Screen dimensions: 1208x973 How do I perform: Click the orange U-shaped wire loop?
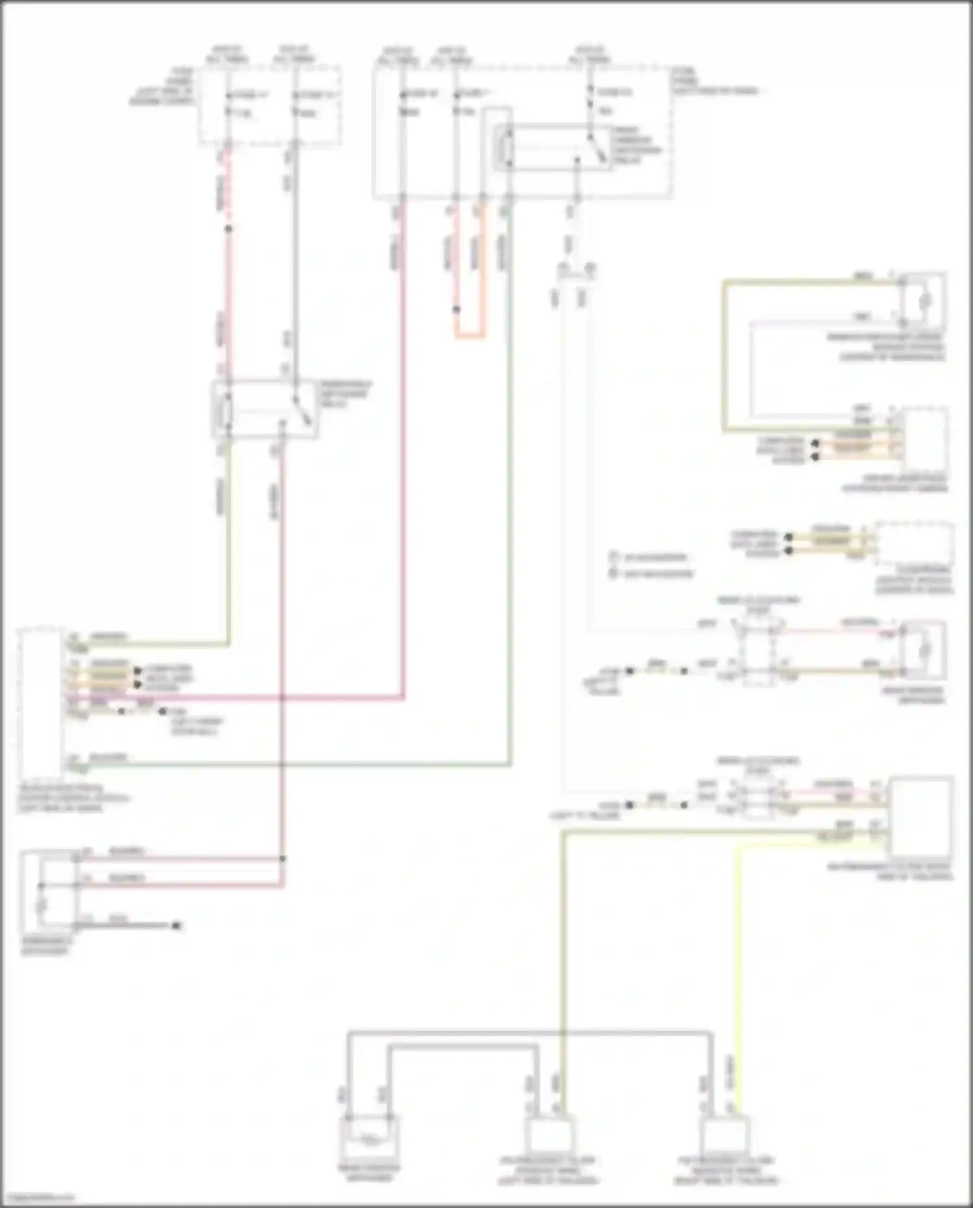pos(469,336)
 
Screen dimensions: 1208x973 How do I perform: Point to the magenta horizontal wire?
pos(259,698)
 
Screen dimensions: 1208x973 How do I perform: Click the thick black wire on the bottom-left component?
pos(123,925)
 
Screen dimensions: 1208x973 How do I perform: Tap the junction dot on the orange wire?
pos(457,310)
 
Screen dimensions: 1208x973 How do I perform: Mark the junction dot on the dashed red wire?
pos(228,228)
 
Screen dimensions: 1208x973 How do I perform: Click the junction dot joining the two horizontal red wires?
pos(282,859)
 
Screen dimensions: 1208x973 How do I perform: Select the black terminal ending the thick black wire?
pos(175,925)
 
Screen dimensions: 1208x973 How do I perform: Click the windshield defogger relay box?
pos(265,409)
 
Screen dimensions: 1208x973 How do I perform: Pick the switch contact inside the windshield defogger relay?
pos(304,410)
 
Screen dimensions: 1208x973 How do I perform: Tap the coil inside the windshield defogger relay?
pos(227,410)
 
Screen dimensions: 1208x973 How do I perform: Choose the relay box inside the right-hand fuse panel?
pos(551,149)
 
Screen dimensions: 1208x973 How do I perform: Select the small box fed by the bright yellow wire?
pos(725,1135)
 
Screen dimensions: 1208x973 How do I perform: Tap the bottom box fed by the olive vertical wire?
pos(550,1135)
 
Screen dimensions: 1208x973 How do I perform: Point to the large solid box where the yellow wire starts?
pos(921,817)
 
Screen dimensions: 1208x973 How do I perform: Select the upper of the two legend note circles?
pos(613,557)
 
